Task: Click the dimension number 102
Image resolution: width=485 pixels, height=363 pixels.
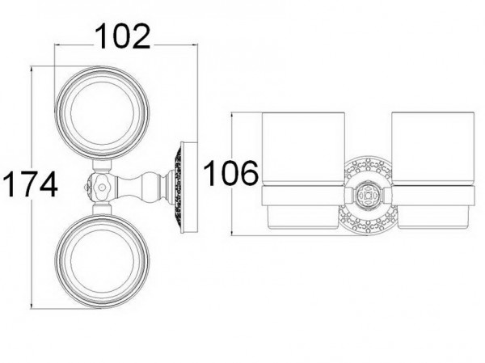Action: (123, 36)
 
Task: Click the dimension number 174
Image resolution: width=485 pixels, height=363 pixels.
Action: (30, 184)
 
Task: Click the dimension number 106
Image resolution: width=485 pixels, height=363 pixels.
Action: (230, 173)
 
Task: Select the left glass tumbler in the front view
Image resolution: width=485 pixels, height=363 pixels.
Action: (303, 149)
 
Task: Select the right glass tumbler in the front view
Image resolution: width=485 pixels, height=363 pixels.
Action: (432, 149)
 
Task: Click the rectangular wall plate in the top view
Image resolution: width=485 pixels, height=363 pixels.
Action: (189, 188)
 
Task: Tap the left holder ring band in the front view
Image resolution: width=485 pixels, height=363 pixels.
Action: (303, 196)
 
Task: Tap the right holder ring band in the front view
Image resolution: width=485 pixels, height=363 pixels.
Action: (432, 196)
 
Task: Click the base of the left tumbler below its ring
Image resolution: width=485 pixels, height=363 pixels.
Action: (303, 217)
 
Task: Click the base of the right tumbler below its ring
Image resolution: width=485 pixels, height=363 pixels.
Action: (432, 217)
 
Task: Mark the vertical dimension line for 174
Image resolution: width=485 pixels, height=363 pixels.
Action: (32, 188)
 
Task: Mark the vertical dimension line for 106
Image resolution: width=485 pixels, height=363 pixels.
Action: (232, 174)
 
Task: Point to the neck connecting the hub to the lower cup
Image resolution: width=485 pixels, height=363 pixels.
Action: (102, 209)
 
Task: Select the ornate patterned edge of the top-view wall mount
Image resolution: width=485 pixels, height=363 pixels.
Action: (178, 188)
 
